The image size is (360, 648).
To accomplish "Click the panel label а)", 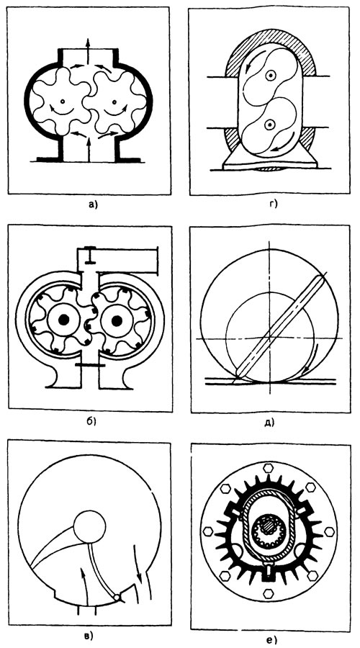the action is click(91, 204).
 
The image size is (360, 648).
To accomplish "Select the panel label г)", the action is click(272, 204).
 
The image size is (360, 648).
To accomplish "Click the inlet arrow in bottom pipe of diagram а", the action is click(88, 150).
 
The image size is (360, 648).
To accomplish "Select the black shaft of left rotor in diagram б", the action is click(63, 320).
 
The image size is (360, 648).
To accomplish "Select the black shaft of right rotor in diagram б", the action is click(116, 320).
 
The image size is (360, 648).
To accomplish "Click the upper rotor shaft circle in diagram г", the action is click(270, 76).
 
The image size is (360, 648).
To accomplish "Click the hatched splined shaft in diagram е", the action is click(266, 528).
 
